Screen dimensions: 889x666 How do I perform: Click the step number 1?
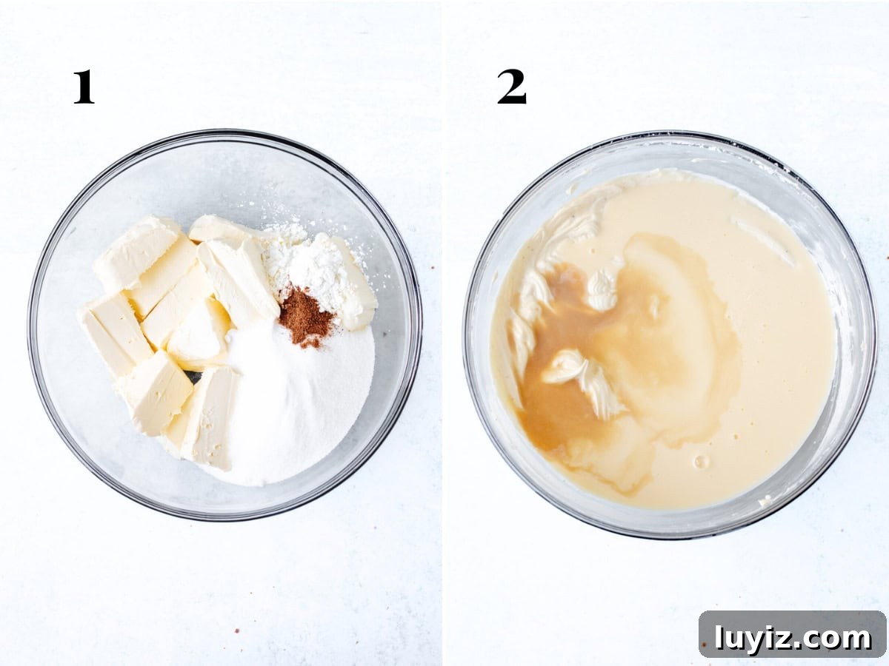84,87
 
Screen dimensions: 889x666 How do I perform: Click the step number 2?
512,87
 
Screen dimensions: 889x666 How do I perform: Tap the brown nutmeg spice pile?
306,316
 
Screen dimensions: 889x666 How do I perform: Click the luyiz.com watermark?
792,639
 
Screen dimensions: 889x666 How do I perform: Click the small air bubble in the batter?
701,460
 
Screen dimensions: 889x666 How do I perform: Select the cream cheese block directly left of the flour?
239,279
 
